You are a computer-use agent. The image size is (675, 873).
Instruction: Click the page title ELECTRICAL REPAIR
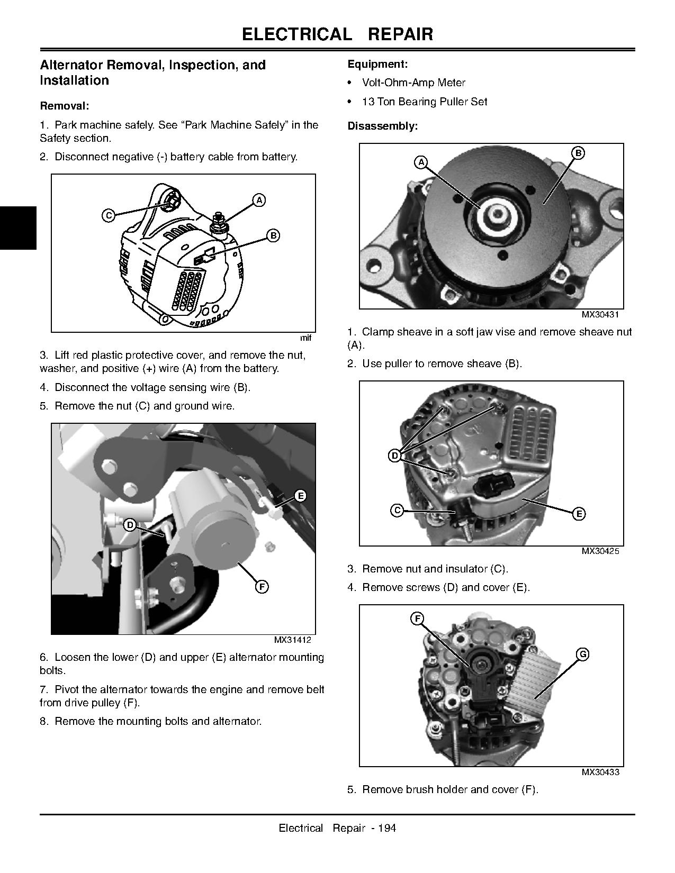point(337,34)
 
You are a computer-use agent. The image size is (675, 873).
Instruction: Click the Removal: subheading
point(65,106)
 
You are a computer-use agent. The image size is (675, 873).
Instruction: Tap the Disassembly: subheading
point(382,126)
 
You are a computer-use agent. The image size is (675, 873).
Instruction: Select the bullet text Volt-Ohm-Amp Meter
point(413,83)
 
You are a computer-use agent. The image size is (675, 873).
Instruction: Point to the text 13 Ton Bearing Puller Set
point(424,102)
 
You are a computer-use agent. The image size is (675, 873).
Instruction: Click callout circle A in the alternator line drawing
point(258,200)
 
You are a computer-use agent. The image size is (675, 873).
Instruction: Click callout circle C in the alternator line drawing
point(109,215)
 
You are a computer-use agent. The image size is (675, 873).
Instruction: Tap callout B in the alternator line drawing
point(273,235)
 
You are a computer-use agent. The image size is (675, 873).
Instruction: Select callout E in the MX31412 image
point(300,496)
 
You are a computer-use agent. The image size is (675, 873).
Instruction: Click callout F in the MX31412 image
point(262,586)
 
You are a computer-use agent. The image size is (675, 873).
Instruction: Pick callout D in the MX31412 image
point(130,525)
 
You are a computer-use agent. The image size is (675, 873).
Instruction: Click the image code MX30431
point(600,314)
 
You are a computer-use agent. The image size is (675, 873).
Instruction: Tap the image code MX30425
point(600,551)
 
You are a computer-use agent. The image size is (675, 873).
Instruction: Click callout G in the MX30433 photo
point(582,654)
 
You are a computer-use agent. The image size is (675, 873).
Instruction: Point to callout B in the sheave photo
point(578,153)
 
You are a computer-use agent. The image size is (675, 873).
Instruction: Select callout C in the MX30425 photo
point(397,510)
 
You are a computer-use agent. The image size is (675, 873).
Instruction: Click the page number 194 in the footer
point(387,828)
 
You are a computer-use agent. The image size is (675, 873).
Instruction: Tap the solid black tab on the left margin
point(18,228)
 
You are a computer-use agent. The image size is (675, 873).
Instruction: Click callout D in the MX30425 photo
point(394,455)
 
